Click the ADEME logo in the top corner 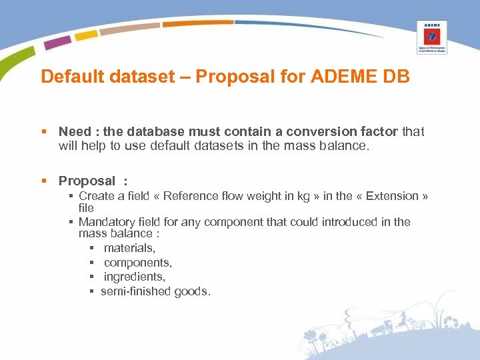pos(431,37)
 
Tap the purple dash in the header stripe pos(57,42)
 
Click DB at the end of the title pos(397,77)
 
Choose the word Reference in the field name pos(189,196)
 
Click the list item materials pos(129,248)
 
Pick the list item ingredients pos(134,277)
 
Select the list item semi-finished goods pos(155,291)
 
